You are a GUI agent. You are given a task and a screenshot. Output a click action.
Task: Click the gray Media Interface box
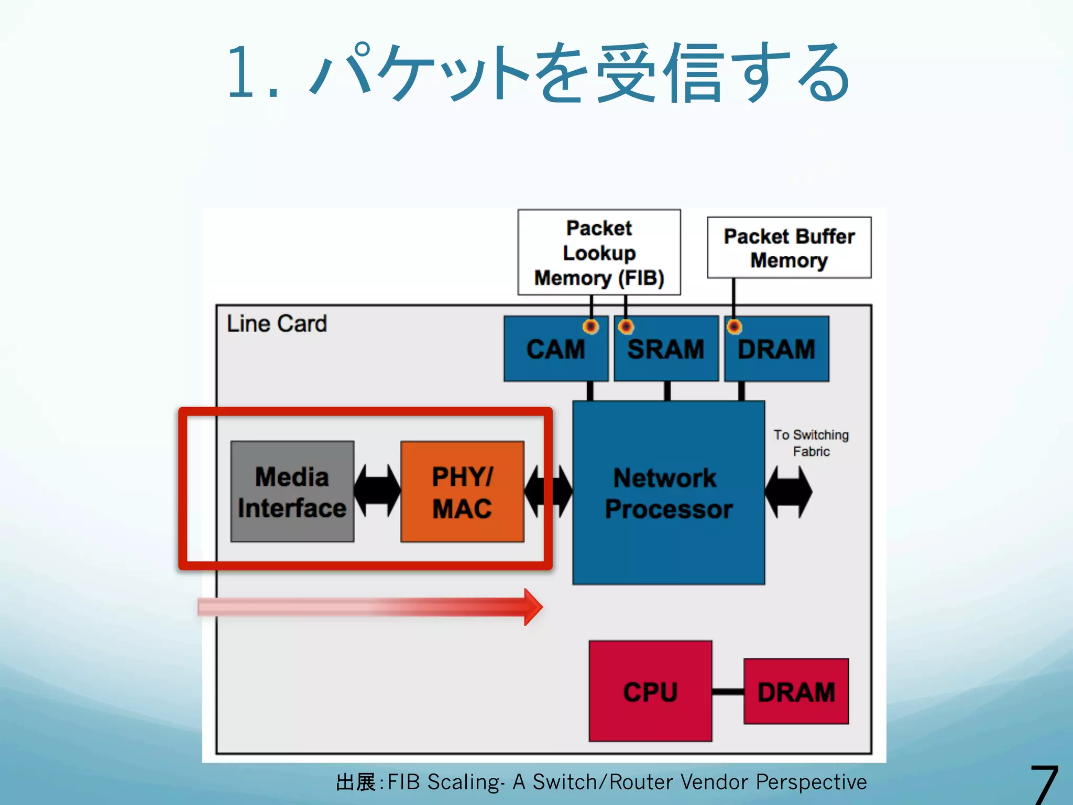(x=292, y=492)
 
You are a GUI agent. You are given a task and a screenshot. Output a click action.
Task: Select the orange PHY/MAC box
(x=462, y=492)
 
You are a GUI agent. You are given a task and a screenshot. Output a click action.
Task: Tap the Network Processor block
(x=669, y=493)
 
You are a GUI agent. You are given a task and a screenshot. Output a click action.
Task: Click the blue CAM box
(x=556, y=349)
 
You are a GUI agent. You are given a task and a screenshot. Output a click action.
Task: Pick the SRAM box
(x=666, y=349)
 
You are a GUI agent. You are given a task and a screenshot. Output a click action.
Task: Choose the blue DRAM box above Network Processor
(x=776, y=349)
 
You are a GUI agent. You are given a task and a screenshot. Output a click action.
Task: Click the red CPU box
(x=650, y=691)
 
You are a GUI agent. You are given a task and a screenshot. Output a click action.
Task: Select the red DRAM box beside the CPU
(x=796, y=691)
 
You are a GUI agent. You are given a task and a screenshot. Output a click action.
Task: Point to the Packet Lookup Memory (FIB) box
(x=599, y=253)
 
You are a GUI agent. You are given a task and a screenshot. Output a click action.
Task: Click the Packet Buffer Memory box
(x=789, y=247)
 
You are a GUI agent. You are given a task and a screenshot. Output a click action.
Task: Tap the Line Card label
(x=277, y=324)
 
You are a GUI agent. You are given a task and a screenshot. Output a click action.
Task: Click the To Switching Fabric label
(x=811, y=443)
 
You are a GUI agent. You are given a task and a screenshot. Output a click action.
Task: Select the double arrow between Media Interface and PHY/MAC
(x=377, y=491)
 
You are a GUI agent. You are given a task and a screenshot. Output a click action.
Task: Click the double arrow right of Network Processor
(x=789, y=492)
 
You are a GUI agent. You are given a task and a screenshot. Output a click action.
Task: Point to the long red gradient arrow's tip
(x=543, y=607)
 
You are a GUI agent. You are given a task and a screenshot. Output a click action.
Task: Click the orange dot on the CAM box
(x=591, y=327)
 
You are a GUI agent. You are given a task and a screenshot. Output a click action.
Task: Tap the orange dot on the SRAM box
(x=626, y=327)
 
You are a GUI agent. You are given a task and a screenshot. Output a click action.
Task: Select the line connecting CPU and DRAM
(x=728, y=692)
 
